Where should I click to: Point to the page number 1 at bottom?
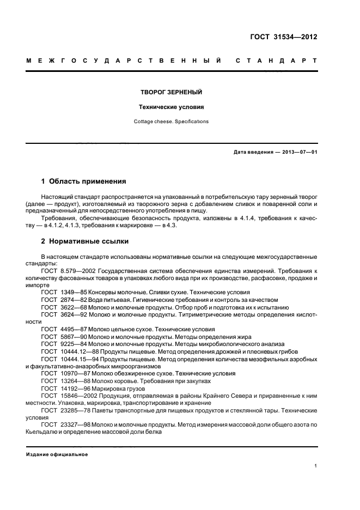click(x=316, y=465)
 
